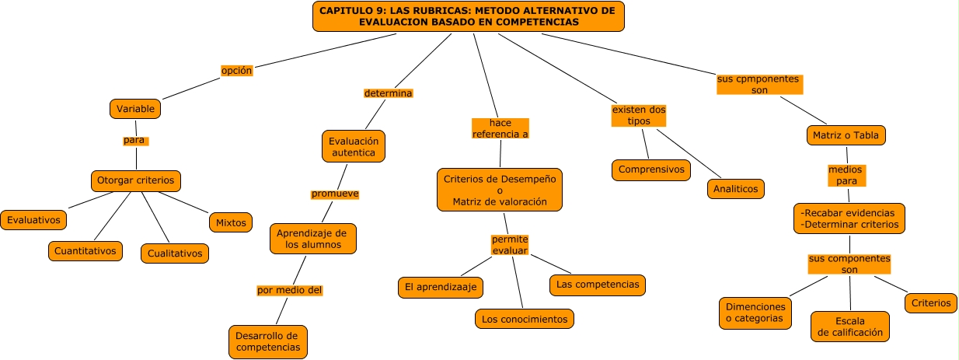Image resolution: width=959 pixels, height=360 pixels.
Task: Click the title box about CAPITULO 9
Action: pos(468,16)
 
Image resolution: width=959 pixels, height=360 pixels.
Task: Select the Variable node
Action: pos(135,109)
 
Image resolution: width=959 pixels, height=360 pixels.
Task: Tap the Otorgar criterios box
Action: pos(136,181)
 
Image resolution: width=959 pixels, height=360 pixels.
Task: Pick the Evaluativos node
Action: pos(33,220)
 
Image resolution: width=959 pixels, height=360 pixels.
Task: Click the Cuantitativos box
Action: pos(85,250)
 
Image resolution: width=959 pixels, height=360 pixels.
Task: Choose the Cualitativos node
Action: pos(175,253)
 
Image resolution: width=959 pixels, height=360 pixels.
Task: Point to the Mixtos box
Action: pos(231,222)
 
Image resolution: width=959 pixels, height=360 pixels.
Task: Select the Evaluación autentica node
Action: pos(354,147)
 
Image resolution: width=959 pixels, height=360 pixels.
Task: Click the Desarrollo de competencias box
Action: pos(268,341)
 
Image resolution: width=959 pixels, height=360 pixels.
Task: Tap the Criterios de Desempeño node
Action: pos(500,190)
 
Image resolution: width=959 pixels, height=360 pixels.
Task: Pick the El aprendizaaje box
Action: pos(440,287)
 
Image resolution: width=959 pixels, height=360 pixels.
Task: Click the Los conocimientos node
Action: pos(525,318)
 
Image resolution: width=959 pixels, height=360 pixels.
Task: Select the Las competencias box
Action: pos(598,285)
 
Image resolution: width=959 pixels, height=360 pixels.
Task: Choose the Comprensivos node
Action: pos(651,170)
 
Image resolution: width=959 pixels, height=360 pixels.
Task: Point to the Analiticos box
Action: pos(736,188)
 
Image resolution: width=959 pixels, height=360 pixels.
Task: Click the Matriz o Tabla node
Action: pos(846,135)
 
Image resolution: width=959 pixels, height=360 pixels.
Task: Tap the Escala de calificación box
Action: pos(849,327)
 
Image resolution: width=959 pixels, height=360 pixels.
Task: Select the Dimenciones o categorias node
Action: pos(754,312)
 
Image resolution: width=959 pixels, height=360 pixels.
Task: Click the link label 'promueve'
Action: pos(335,194)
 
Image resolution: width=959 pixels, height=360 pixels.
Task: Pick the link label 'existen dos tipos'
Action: pos(639,115)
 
